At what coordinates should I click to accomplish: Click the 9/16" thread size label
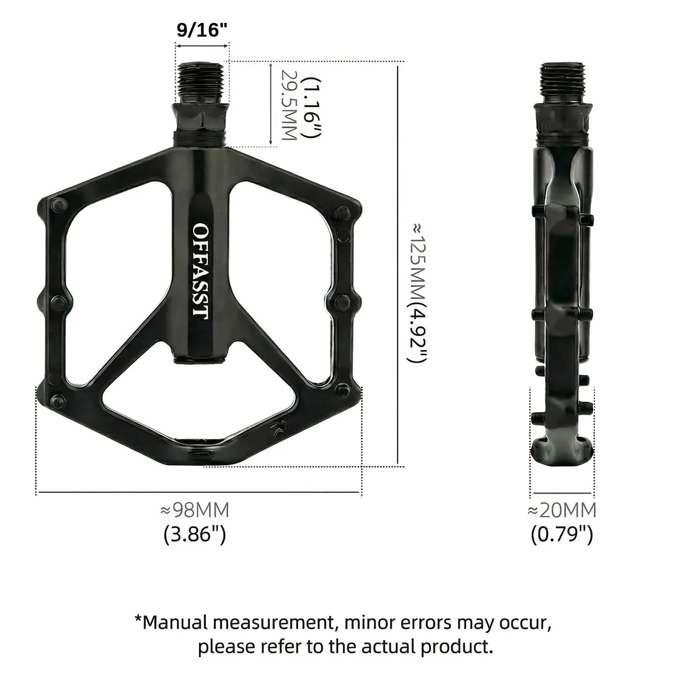[x=202, y=30]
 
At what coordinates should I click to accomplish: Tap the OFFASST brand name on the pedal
[x=201, y=271]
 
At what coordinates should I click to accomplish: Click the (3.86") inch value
[x=195, y=535]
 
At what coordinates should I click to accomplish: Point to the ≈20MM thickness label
[x=562, y=510]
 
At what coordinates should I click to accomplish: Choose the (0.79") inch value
[x=562, y=535]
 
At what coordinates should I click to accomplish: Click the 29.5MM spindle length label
[x=289, y=105]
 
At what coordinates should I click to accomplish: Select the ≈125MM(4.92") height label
[x=417, y=293]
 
